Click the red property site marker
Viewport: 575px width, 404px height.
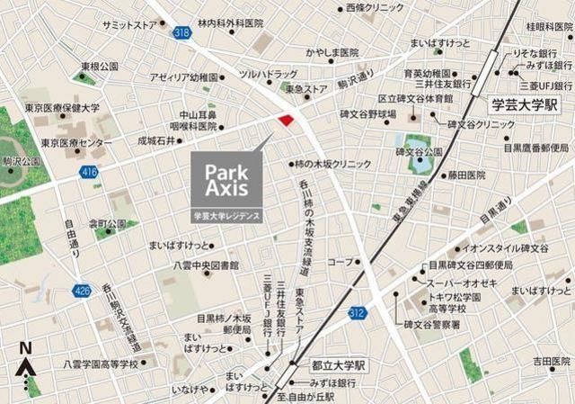(287, 121)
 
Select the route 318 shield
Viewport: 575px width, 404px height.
(183, 32)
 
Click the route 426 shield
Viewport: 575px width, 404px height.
(83, 290)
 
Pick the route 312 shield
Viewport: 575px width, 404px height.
(358, 311)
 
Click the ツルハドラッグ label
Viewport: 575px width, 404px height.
(268, 73)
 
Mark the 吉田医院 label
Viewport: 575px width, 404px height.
(550, 360)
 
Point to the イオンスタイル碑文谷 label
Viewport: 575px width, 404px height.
(512, 247)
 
